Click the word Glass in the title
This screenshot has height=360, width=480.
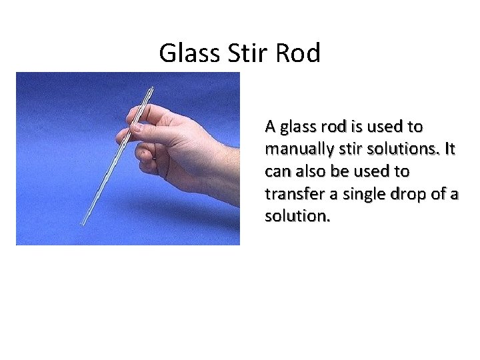point(187,53)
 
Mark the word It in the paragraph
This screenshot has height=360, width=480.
point(448,149)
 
